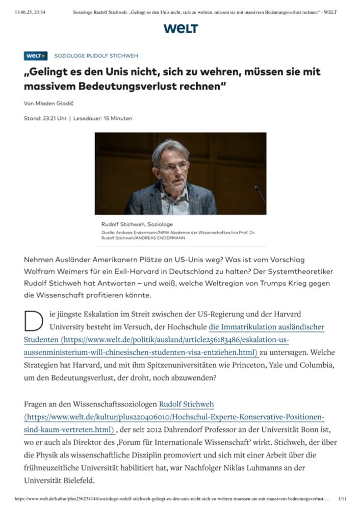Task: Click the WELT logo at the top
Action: point(181,29)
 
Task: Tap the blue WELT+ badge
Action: point(35,56)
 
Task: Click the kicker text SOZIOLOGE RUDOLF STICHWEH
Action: point(96,56)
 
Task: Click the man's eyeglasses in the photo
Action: point(173,166)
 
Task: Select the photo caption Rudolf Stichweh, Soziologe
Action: point(137,224)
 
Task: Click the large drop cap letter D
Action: point(32,320)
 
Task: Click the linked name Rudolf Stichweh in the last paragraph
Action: point(186,404)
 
